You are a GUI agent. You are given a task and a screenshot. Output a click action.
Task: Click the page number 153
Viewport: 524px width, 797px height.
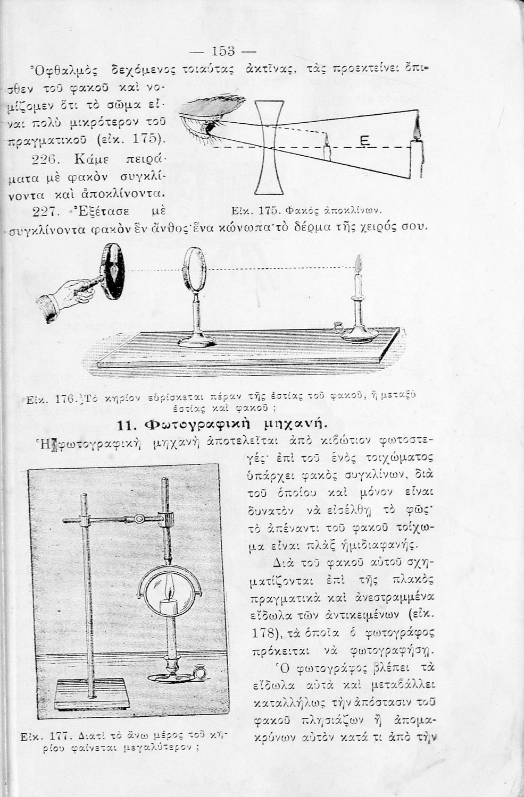223,51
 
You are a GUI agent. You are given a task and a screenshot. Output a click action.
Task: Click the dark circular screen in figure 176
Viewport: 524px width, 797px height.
113,271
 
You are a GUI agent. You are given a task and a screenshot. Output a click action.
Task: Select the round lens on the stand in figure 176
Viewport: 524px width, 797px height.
194,269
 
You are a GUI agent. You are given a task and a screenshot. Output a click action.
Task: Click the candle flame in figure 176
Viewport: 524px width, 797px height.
358,263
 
